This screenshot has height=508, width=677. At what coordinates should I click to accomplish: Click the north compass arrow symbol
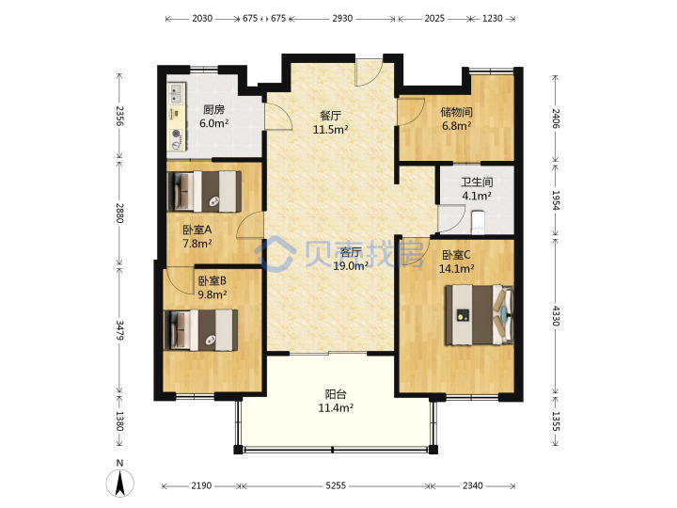(x=120, y=483)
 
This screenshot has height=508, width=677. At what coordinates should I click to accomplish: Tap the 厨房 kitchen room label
(x=213, y=109)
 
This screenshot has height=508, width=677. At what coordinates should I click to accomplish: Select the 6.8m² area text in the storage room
(x=456, y=126)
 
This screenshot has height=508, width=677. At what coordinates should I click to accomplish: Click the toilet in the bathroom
(x=477, y=221)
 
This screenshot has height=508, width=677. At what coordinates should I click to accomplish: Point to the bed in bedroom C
(x=480, y=314)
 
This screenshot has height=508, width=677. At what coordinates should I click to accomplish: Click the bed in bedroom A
(x=204, y=191)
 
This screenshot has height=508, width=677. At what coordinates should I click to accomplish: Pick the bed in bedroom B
(x=201, y=330)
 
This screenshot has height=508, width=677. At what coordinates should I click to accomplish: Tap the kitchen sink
(x=177, y=95)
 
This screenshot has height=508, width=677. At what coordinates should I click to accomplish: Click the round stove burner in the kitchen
(x=176, y=134)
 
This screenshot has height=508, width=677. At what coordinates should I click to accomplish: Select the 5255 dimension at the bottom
(x=336, y=485)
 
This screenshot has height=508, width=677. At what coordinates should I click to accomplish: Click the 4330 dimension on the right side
(x=556, y=316)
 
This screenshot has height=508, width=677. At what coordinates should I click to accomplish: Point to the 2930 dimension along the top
(x=342, y=18)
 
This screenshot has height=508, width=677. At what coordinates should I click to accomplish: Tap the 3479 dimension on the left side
(x=119, y=330)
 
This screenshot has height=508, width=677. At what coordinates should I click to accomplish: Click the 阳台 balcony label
(x=336, y=394)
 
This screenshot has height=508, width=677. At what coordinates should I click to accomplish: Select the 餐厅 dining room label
(x=330, y=116)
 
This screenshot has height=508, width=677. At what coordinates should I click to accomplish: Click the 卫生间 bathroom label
(x=477, y=182)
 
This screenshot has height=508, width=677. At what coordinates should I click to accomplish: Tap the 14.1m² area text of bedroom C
(x=456, y=269)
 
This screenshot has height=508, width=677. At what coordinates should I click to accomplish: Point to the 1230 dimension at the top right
(x=492, y=18)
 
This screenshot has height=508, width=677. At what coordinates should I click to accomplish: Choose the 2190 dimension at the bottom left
(x=201, y=485)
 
